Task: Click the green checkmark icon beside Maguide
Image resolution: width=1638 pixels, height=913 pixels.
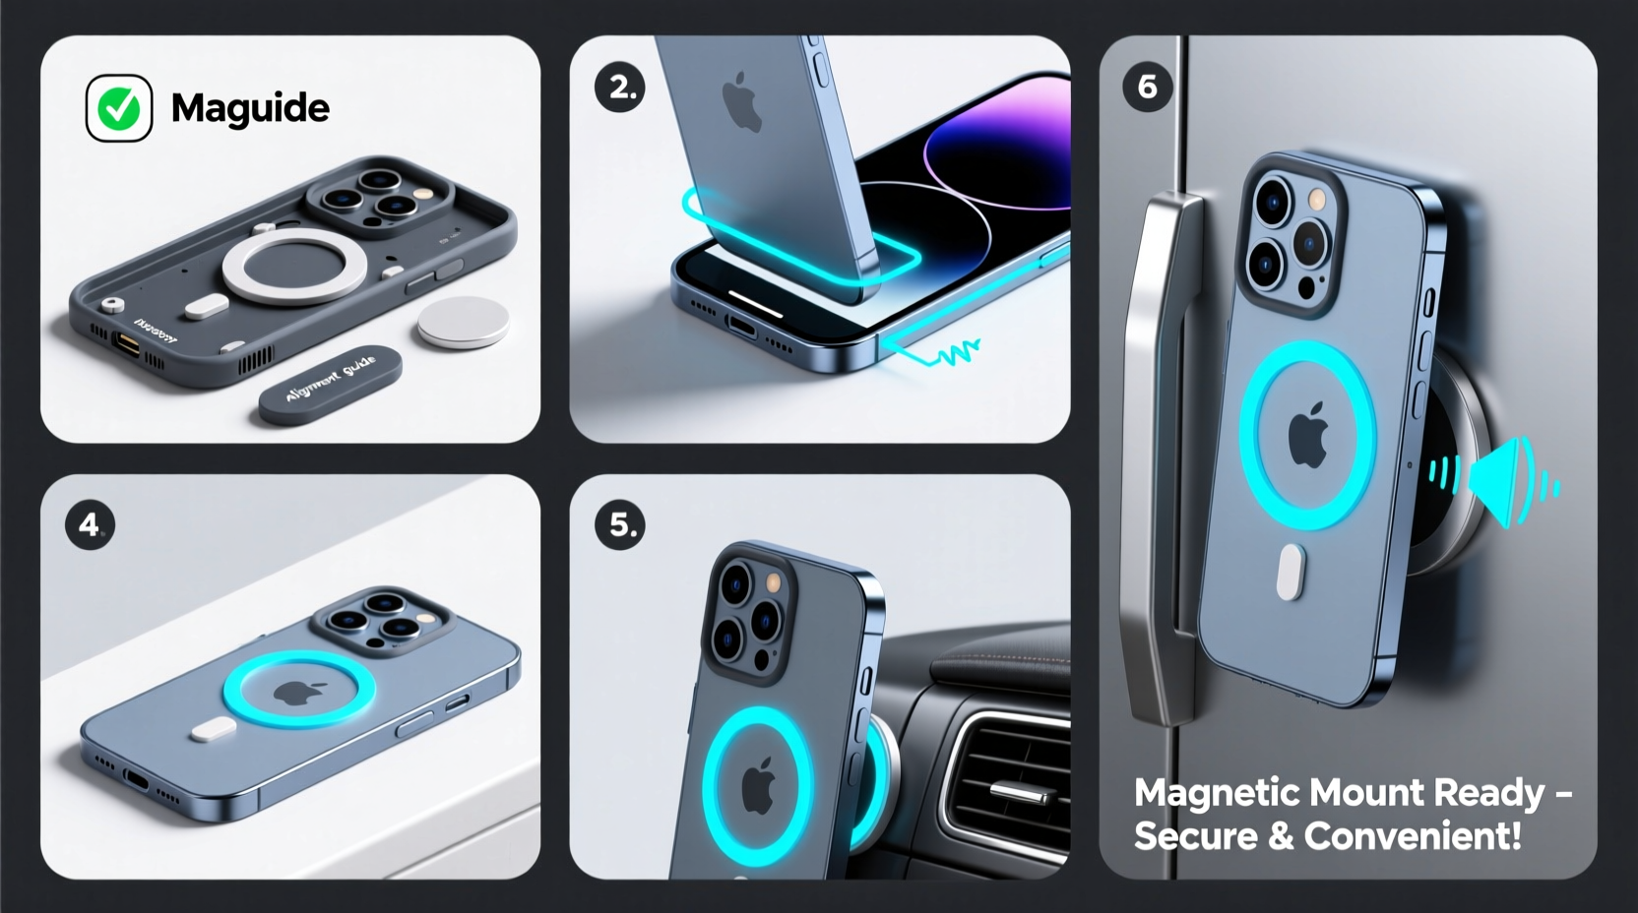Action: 119,108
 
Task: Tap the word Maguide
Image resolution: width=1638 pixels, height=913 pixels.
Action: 250,108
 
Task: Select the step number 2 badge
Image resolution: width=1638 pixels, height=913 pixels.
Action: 620,88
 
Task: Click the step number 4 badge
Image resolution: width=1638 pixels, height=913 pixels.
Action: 90,524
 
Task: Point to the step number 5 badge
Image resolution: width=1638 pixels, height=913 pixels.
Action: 620,524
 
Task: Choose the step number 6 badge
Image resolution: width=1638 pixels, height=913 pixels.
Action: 1147,87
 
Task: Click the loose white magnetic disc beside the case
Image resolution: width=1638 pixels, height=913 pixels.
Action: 464,322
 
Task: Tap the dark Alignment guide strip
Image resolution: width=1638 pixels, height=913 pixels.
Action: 330,384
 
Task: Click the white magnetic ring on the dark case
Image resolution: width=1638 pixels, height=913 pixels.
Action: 294,267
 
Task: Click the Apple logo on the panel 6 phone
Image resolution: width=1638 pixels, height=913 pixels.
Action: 1308,436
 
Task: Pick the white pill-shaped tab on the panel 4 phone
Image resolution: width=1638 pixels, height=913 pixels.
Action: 213,729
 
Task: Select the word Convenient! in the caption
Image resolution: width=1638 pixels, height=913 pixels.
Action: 1413,836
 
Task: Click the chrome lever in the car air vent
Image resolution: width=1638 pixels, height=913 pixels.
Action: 1019,792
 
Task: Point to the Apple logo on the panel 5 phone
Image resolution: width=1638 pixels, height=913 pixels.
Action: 757,786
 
